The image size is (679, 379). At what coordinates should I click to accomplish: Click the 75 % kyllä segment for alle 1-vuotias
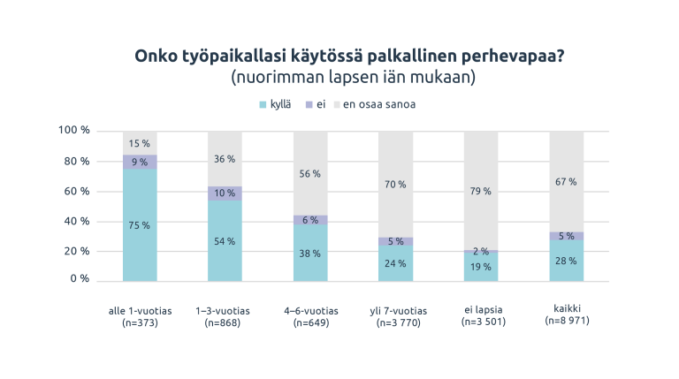(140, 225)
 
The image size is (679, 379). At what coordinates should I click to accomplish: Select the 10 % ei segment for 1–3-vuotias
(225, 193)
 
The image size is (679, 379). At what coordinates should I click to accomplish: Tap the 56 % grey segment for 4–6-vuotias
(310, 174)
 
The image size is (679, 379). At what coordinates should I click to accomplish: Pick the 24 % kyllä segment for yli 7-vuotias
(396, 263)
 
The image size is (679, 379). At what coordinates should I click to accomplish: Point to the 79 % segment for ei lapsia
(481, 191)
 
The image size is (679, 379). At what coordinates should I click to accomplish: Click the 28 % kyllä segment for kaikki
(567, 261)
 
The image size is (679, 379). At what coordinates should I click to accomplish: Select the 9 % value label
(140, 162)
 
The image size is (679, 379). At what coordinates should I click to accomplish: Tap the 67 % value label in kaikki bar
(567, 181)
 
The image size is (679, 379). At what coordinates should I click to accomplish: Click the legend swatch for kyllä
(263, 104)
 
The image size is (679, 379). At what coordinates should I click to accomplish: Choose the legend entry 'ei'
(321, 104)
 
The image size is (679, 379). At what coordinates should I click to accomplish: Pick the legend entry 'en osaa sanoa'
(379, 104)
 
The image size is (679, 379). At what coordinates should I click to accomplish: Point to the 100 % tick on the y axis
(74, 131)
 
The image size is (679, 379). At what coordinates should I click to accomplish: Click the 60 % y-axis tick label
(77, 191)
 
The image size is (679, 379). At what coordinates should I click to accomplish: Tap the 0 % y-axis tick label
(80, 279)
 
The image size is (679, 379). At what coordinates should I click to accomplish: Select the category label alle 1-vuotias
(140, 311)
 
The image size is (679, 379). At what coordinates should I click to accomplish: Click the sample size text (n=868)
(225, 322)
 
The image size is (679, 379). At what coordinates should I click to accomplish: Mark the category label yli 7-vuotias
(396, 311)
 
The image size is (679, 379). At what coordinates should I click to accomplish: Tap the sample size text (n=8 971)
(567, 321)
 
